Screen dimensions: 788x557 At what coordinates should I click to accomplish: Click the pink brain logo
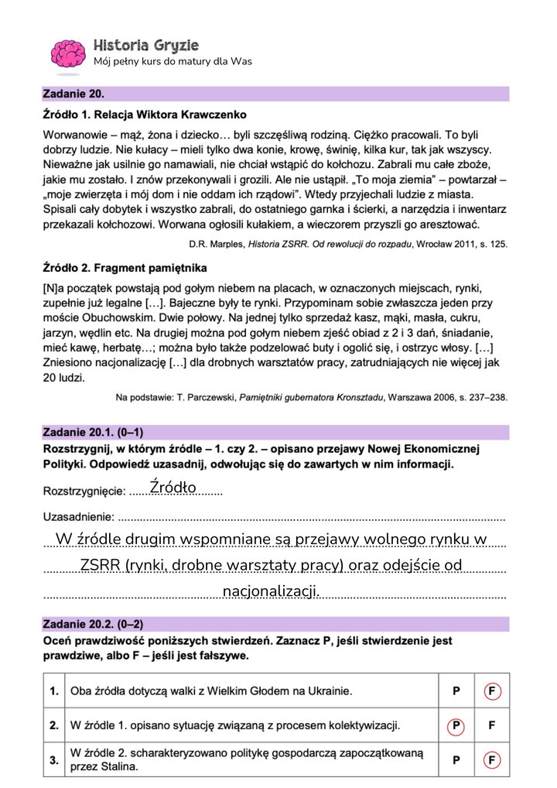[x=67, y=53]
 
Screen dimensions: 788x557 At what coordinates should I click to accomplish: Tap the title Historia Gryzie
[x=145, y=44]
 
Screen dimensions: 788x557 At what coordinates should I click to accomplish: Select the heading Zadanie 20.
[x=73, y=94]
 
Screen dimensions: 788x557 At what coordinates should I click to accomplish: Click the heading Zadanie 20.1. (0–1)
[x=93, y=433]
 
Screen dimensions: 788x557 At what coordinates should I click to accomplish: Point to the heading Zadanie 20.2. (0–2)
[x=93, y=624]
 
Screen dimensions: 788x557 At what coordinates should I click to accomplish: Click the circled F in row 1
[x=490, y=691]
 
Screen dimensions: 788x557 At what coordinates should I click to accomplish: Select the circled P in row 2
[x=456, y=726]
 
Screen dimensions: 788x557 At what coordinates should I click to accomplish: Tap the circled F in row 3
[x=490, y=761]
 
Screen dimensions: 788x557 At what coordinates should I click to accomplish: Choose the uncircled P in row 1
[x=456, y=691]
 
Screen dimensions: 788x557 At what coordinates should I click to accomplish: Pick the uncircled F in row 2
[x=490, y=726]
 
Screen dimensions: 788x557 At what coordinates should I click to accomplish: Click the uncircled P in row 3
[x=456, y=761]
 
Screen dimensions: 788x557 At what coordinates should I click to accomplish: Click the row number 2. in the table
[x=54, y=726]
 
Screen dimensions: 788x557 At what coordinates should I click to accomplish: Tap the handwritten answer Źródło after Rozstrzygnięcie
[x=173, y=487]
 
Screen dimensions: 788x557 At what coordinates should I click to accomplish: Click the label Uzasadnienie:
[x=78, y=517]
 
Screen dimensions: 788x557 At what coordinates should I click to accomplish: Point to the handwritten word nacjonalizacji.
[x=271, y=591]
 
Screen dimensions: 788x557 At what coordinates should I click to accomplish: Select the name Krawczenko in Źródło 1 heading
[x=212, y=115]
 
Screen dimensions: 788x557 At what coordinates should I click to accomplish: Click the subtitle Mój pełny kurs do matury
[x=172, y=62]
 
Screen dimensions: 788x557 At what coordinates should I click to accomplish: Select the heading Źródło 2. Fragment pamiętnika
[x=125, y=268]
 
